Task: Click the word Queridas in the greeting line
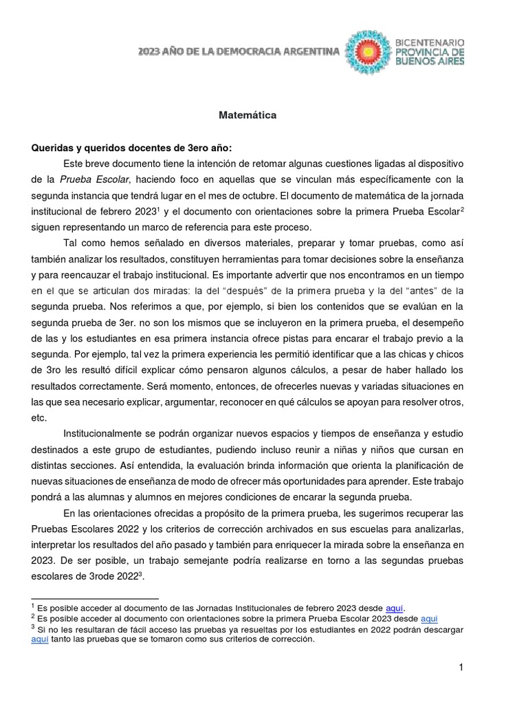coord(52,148)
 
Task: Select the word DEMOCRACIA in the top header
coord(236,52)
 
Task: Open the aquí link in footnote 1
coord(394,608)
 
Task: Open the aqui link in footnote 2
coord(428,618)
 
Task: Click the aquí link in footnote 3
coord(41,639)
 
